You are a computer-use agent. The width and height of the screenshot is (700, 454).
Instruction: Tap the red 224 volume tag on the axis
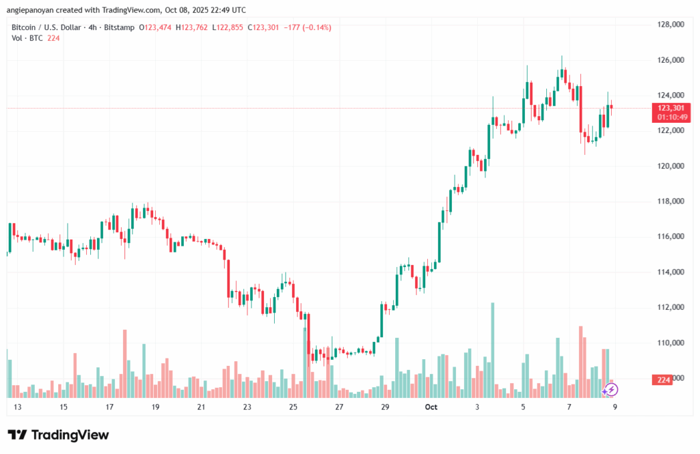(662, 380)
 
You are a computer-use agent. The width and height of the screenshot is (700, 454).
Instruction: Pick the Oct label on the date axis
(431, 407)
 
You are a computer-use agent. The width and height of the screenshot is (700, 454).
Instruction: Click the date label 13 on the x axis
(18, 407)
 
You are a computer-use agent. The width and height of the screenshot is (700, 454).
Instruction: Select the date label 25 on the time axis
(293, 407)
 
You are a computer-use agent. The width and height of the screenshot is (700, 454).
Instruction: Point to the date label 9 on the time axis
(616, 407)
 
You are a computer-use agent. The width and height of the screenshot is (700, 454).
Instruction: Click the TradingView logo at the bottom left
(58, 435)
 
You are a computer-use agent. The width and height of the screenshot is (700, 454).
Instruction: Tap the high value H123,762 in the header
(192, 27)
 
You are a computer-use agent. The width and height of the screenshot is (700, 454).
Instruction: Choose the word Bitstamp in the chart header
(118, 27)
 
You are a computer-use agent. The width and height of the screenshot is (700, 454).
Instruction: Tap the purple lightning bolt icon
(611, 389)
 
